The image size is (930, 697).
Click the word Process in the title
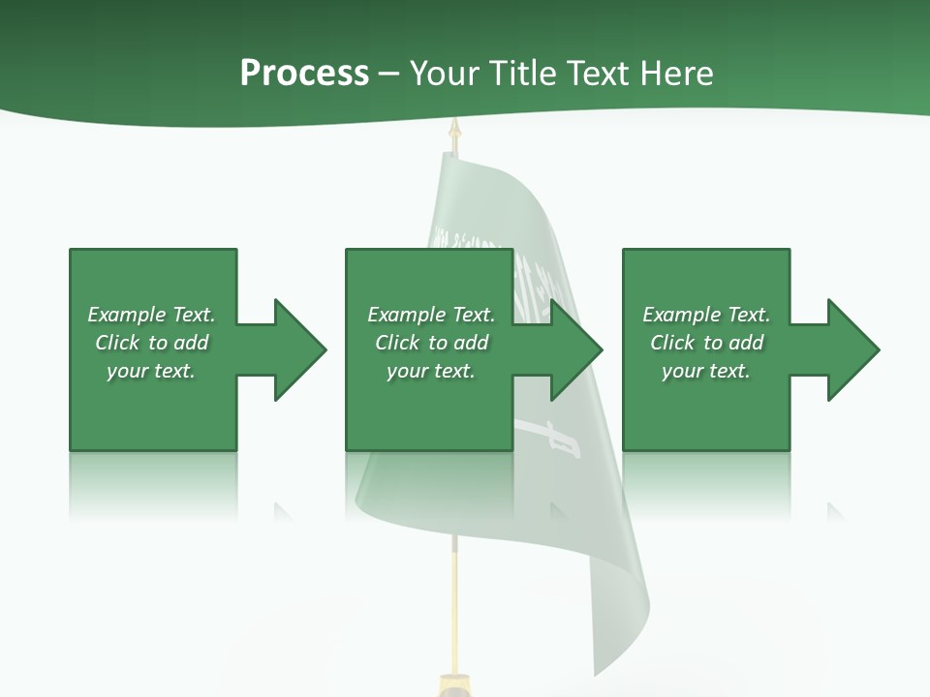click(304, 74)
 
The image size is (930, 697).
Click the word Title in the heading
click(524, 74)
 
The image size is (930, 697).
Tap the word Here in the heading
click(677, 74)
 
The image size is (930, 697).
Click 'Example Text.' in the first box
click(151, 315)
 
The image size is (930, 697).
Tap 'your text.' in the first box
click(151, 371)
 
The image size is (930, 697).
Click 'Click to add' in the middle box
click(431, 343)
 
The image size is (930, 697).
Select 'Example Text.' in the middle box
click(431, 315)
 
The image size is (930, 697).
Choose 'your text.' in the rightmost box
click(706, 371)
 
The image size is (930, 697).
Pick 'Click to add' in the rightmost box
click(706, 343)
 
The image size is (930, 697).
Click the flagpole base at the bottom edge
click(452, 685)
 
